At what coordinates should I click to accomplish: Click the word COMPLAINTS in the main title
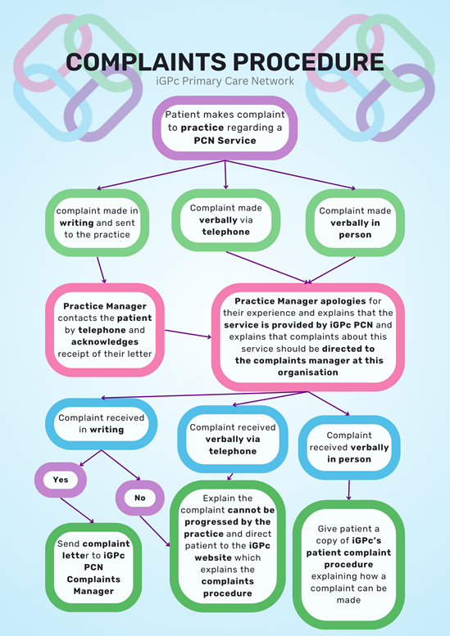coord(146,62)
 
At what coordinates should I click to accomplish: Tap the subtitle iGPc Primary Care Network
coord(225,81)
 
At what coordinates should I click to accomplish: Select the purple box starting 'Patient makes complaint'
coord(225,128)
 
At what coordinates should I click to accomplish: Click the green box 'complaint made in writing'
coord(97,223)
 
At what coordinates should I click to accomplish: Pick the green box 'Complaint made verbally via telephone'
coord(225,220)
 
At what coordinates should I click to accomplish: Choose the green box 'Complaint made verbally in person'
coord(355,223)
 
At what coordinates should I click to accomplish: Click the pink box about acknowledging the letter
coord(105,330)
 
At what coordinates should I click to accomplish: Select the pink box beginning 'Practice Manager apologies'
coord(308,336)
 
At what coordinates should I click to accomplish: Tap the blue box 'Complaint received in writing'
coord(101,424)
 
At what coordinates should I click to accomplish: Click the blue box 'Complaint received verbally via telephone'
coord(233,439)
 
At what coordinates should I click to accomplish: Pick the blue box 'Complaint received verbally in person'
coord(349,447)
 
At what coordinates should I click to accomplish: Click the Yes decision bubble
coord(61,480)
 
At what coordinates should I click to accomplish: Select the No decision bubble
coord(139,498)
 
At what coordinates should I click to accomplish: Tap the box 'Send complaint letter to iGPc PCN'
coord(93,567)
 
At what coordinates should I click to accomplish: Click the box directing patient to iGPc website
coord(227,545)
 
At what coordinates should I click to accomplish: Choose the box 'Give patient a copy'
coord(348,565)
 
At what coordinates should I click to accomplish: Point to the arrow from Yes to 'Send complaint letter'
coord(77,510)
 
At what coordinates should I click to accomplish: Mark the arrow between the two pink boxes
coord(188,334)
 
